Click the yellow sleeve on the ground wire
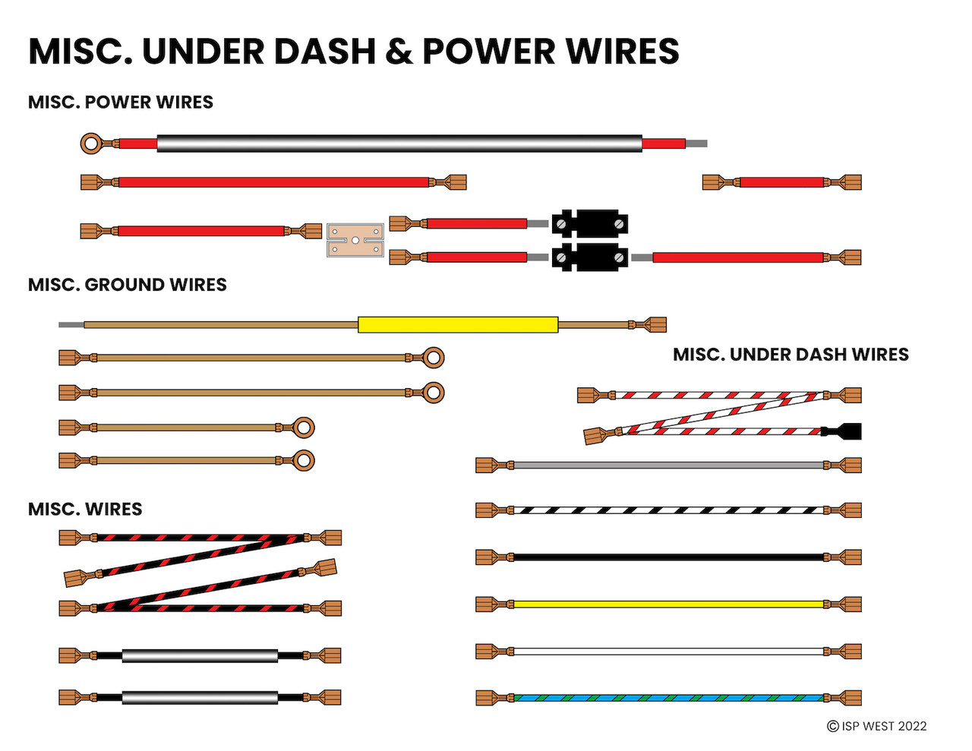(x=458, y=325)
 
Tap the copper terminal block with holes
(x=355, y=240)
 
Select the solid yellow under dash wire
(x=668, y=604)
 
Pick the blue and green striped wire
(x=668, y=698)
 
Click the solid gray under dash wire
(x=668, y=465)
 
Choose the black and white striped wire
(x=668, y=510)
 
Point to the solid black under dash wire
(x=668, y=557)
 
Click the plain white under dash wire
(x=668, y=652)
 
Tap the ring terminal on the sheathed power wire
(x=92, y=143)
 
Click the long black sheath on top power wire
(x=399, y=144)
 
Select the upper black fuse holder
(x=590, y=223)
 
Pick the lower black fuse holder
(x=590, y=257)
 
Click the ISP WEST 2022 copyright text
(x=877, y=726)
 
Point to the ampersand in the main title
(x=399, y=52)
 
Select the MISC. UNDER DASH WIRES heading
(x=791, y=355)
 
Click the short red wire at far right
(x=781, y=182)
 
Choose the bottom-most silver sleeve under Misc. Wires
(x=200, y=697)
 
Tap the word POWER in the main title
(x=488, y=52)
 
